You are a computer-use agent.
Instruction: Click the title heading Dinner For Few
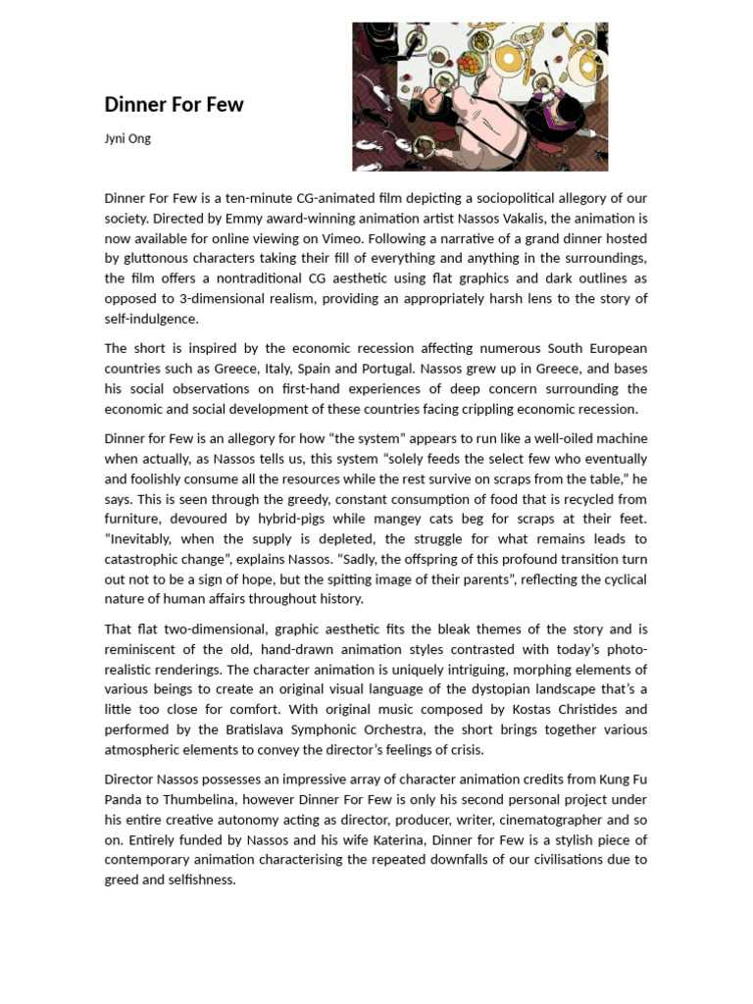[x=174, y=105]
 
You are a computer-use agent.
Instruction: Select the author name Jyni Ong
[x=127, y=138]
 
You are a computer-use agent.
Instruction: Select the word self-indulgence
[x=152, y=319]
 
